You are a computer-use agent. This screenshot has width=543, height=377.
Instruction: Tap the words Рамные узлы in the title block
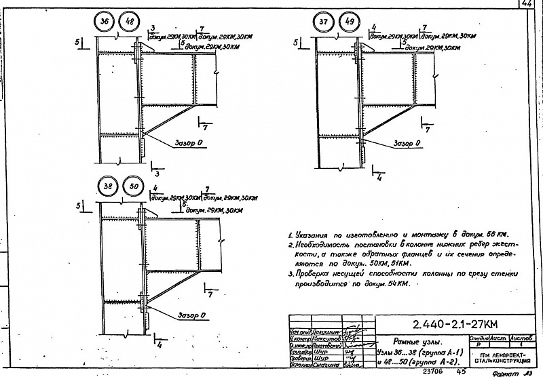(x=419, y=342)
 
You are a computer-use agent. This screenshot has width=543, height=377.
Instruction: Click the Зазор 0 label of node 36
(x=189, y=144)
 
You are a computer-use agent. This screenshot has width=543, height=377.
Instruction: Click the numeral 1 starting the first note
(x=290, y=235)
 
